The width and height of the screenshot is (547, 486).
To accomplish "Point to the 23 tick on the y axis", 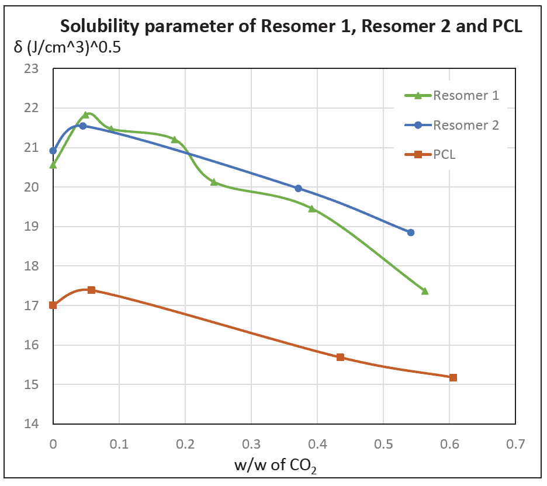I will click(x=38, y=69).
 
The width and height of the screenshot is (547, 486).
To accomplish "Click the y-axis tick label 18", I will click(x=38, y=266).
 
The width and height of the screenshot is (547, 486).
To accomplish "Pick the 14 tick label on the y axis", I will click(x=38, y=424).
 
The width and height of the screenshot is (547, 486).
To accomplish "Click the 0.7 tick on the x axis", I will click(x=515, y=443).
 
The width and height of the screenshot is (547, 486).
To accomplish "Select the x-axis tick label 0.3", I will click(x=251, y=443).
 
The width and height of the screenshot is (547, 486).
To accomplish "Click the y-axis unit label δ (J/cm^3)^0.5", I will click(x=67, y=48).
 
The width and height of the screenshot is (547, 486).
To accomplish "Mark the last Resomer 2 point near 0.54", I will click(x=411, y=232).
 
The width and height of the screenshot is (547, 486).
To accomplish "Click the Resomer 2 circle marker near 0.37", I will click(x=298, y=188).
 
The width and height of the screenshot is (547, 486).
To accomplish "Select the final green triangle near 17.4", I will click(x=425, y=291).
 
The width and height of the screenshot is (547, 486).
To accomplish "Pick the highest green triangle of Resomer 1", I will click(x=86, y=115).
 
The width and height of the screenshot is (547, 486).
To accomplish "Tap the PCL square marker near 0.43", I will click(x=340, y=357).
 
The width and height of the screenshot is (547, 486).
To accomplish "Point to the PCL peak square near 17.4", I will click(x=91, y=290).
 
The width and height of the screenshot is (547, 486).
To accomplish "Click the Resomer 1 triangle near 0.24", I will click(x=214, y=182).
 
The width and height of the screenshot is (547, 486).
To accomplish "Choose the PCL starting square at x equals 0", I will click(x=53, y=305).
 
